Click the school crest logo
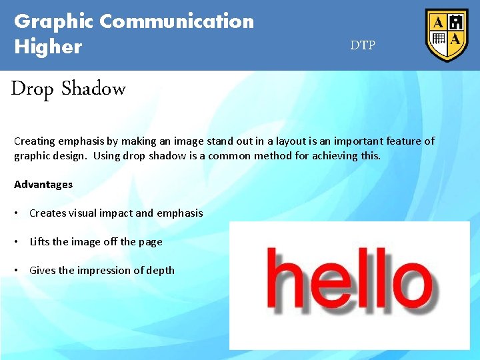click(x=447, y=35)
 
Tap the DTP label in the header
click(x=363, y=45)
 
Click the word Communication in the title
click(x=177, y=21)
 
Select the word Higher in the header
click(x=48, y=47)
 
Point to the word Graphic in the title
click(x=54, y=21)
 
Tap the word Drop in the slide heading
click(x=32, y=89)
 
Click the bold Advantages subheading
click(x=43, y=184)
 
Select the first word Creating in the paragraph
click(x=34, y=141)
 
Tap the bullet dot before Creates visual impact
click(x=16, y=213)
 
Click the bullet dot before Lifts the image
click(x=16, y=242)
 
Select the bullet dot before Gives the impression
click(x=16, y=271)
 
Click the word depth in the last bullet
click(x=161, y=271)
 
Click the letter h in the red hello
click(x=285, y=277)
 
